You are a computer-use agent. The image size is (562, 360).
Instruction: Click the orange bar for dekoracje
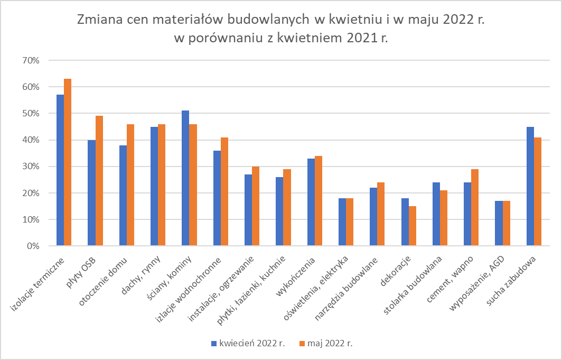point(413,226)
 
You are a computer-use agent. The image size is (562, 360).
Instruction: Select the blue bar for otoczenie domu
point(123,196)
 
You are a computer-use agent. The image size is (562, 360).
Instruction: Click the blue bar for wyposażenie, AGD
point(499,223)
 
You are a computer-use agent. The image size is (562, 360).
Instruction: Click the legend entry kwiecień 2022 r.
point(248,343)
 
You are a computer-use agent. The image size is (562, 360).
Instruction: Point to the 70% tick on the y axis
point(30,60)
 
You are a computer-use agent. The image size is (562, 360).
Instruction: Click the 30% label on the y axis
point(30,167)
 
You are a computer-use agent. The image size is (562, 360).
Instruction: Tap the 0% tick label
point(32,246)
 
